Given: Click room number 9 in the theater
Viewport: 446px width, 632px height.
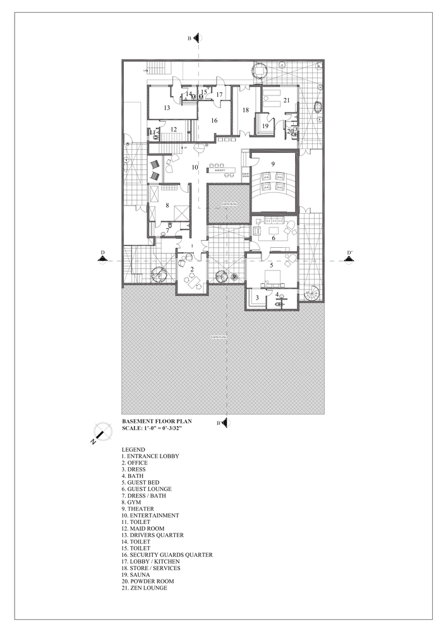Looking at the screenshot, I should (x=274, y=164).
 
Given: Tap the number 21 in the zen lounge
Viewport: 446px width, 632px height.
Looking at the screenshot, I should (x=286, y=100).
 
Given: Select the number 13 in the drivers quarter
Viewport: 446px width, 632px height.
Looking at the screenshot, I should (x=166, y=108).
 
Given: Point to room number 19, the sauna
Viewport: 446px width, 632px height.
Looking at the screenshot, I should (x=265, y=126).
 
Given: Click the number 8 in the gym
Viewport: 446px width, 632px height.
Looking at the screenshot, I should (x=167, y=205).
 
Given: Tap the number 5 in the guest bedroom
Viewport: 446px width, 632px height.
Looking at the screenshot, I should (x=272, y=266).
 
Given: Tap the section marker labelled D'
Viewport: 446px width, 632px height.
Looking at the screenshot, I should (x=348, y=258).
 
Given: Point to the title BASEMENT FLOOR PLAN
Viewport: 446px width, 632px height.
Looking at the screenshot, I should (x=156, y=420).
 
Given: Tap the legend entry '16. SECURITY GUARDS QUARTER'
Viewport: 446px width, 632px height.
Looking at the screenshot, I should (x=167, y=555).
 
